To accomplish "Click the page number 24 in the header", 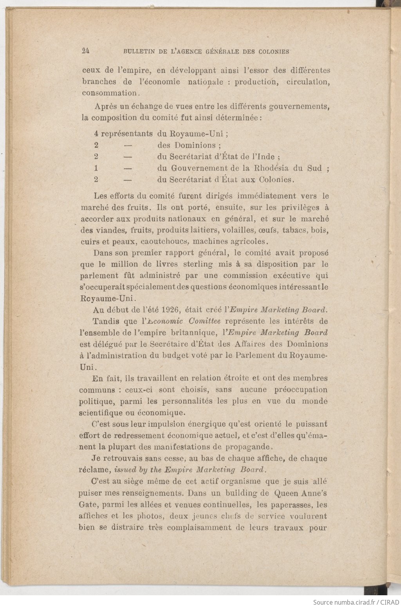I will [x=86, y=51].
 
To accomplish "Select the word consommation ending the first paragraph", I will [x=109, y=93].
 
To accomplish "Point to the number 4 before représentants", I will [x=96, y=134].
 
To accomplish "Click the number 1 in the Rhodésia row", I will [x=96, y=168].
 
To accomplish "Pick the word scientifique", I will [x=99, y=413].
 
